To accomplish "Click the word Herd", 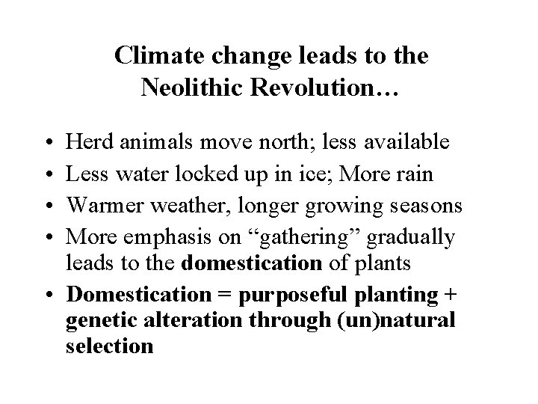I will [x=86, y=142].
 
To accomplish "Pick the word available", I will [x=408, y=142].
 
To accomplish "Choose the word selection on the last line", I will [x=110, y=346].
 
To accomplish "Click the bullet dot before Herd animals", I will [x=49, y=143].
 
